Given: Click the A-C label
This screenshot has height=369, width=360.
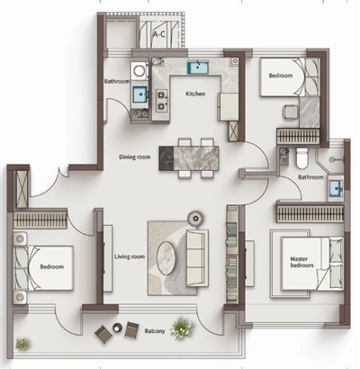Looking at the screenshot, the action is coord(159,34).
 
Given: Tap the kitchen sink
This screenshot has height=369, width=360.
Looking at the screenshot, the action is coord(198,67).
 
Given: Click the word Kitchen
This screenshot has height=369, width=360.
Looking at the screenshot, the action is coord(195,94).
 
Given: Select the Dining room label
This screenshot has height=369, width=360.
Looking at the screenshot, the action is coord(135,157).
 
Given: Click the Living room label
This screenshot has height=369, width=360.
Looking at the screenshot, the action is coord(130,256).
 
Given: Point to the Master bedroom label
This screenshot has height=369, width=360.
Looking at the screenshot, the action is coord(301,262).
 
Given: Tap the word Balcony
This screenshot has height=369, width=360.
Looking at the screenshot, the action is coord(155,331).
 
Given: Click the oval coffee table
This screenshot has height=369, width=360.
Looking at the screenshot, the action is coord(166,258).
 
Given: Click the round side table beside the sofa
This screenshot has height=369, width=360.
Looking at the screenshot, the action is coord(196,218).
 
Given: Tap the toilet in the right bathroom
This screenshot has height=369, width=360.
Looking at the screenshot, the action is coord(302,158).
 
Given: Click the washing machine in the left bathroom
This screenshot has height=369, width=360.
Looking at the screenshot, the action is coord(139,71).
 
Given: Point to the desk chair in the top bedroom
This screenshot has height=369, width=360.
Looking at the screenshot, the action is coord(290,112).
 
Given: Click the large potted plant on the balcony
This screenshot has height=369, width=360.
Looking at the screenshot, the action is coord(181,328).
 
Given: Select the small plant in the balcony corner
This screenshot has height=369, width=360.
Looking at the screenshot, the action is coord(22,345).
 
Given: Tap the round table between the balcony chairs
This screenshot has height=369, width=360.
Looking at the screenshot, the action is coord(117,328).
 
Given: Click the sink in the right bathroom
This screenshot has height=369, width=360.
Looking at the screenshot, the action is coord(336,189).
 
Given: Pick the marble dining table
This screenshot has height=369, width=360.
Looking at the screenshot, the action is coord(189,158).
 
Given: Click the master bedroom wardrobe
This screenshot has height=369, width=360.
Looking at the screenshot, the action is coord(310,214).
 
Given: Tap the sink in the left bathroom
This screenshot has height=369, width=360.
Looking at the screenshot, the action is coord(140,94).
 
